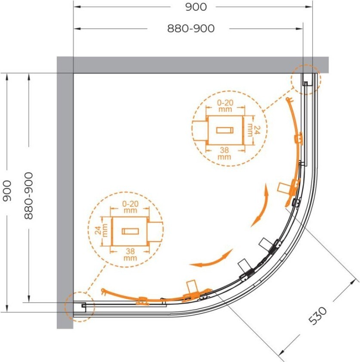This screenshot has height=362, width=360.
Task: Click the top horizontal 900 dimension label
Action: coord(196,7)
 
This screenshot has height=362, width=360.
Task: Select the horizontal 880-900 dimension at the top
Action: coord(191,29)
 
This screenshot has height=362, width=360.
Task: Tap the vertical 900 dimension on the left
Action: coord(7,191)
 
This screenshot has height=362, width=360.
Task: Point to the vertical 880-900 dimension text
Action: coord(29,196)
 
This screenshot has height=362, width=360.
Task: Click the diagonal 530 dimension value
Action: coord(318,316)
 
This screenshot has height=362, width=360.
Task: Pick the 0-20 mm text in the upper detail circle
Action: coord(225,106)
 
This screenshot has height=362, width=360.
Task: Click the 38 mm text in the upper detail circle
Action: coord(224,153)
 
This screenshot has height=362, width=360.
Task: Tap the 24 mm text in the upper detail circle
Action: coord(254,131)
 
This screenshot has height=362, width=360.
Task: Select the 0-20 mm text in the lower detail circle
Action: coord(130,207)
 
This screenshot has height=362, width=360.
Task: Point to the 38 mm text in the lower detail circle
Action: coord(130,255)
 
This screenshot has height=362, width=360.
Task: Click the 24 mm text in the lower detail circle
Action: coord(102,230)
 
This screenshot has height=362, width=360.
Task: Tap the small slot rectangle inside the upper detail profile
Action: coord(225,130)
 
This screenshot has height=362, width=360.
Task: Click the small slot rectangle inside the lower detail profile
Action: coord(130,231)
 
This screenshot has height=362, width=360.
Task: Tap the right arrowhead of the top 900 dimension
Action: coord(309,7)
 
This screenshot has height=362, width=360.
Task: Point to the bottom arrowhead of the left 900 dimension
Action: coord(7,308)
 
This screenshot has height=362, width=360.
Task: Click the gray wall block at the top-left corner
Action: coord(65,65)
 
